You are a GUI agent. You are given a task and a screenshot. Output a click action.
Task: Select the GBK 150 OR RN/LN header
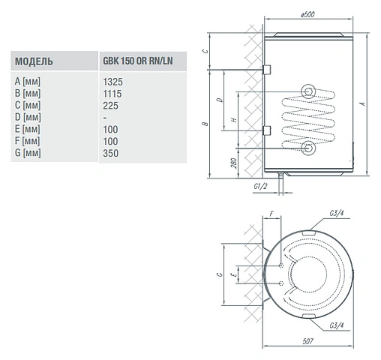[x=138, y=61]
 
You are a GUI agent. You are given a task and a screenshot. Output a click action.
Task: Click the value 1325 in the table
[x=112, y=82]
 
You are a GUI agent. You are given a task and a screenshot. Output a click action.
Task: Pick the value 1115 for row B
[x=112, y=94]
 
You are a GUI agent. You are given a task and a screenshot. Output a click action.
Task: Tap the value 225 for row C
[x=110, y=106]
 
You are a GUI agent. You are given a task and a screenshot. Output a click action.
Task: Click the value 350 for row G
[x=110, y=153]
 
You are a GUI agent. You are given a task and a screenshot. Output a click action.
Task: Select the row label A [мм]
[x=27, y=82]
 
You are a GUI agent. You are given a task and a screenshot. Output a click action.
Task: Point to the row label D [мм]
[x=28, y=117]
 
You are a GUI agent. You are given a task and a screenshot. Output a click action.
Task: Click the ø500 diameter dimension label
[x=307, y=14]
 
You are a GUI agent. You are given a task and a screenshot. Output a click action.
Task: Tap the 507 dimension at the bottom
[x=307, y=341]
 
